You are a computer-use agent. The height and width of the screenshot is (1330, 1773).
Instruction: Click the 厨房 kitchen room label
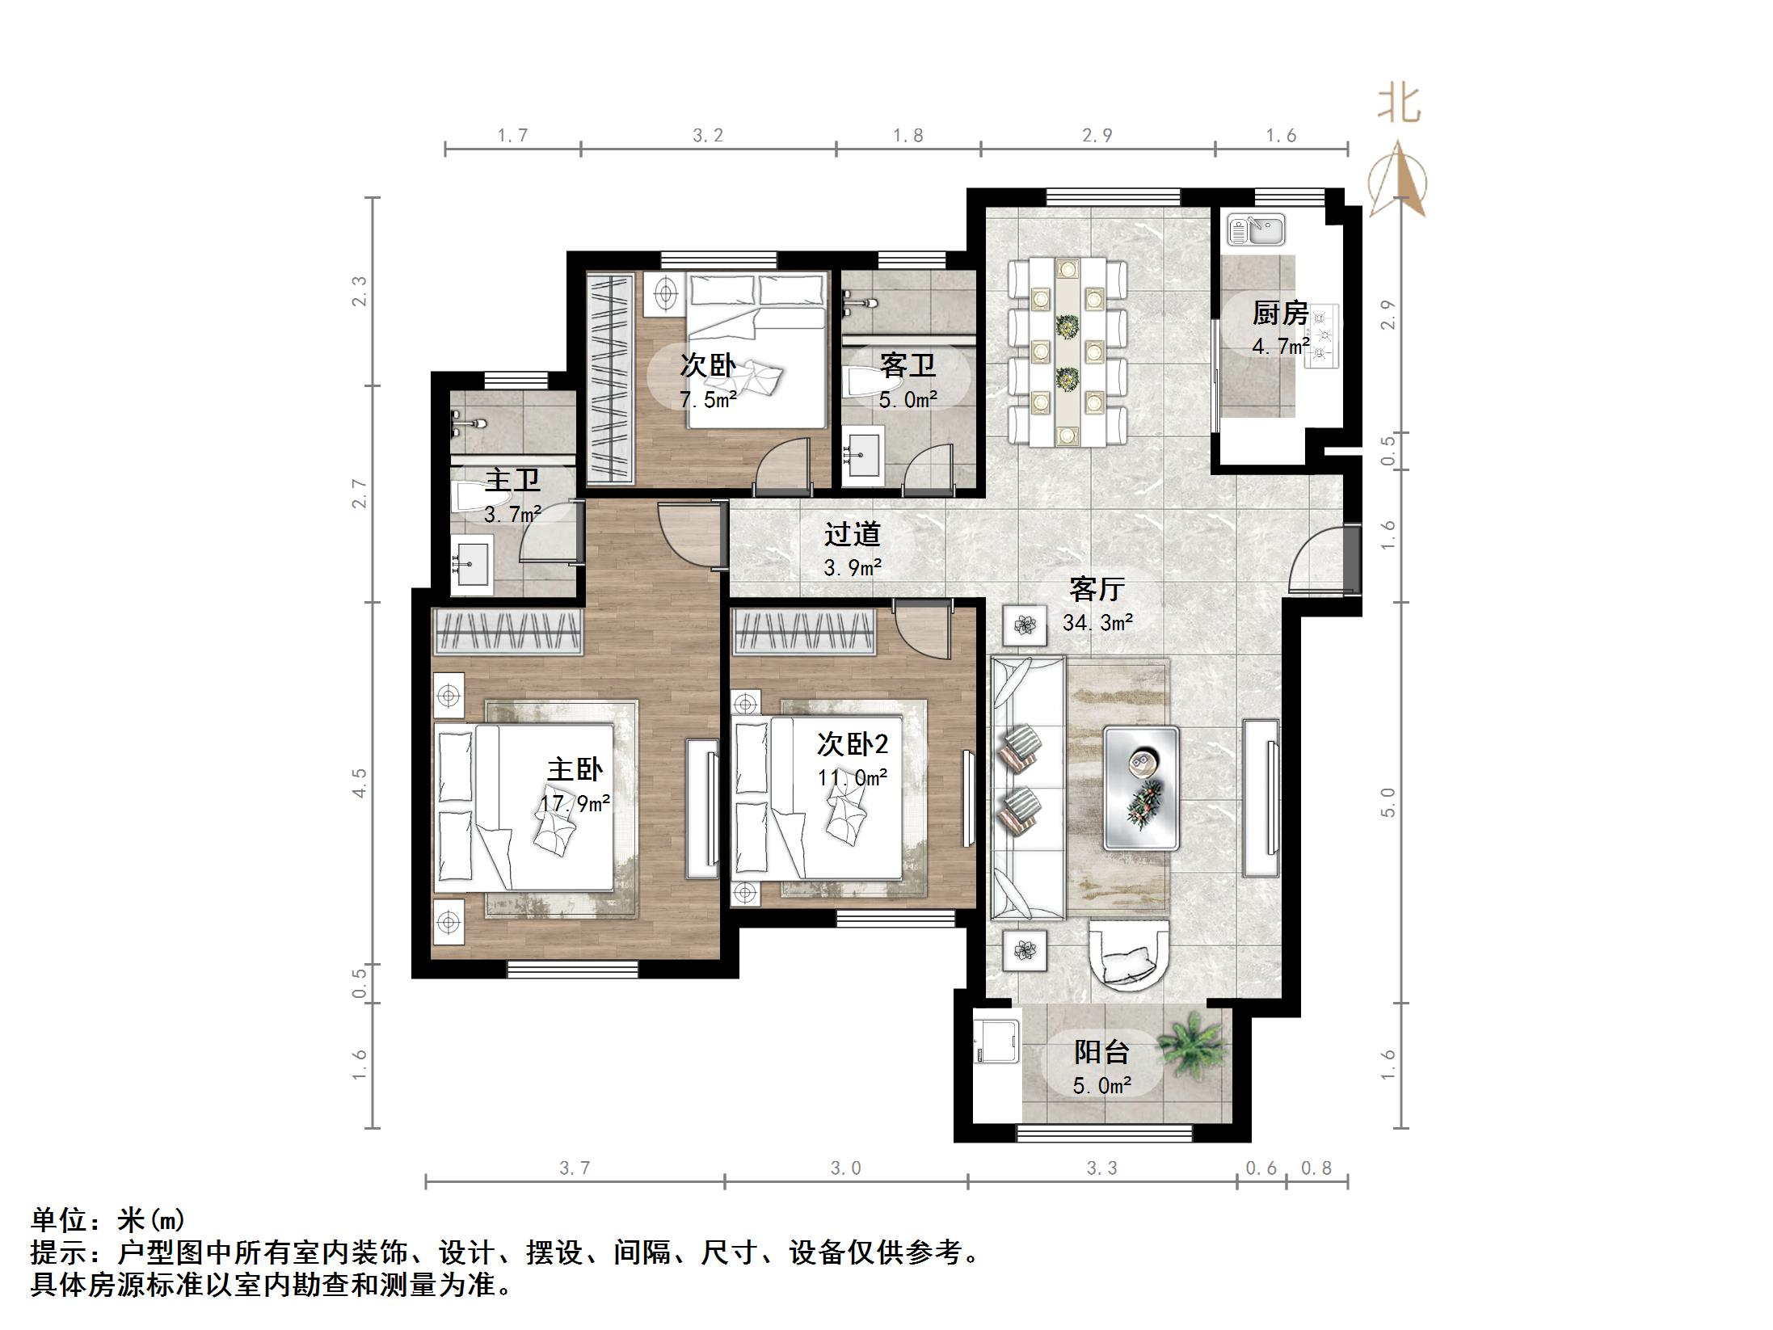pos(1280,314)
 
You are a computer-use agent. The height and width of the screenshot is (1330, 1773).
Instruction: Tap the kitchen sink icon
pos(1256,229)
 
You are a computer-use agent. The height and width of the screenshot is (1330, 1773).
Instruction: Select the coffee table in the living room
pos(1141,788)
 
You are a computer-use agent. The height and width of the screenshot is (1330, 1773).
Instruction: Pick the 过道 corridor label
pos(852,534)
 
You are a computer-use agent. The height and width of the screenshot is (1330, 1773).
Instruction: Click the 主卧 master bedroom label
pos(575,768)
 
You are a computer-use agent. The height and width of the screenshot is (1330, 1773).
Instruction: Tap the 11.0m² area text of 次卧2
pos(852,777)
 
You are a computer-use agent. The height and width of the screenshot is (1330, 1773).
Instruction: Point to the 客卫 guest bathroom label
pos(908,366)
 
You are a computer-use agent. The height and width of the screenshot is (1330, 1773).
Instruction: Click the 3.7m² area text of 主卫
pos(512,514)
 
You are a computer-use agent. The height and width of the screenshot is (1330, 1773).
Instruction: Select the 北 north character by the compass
pos(1399,105)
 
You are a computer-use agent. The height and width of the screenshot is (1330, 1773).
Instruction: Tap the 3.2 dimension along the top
pos(708,136)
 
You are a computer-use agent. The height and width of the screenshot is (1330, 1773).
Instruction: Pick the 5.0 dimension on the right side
pos(1388,802)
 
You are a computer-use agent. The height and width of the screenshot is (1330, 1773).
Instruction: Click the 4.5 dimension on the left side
pos(360,782)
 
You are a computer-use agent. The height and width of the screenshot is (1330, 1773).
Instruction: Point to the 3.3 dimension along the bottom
pos(1101,1168)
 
